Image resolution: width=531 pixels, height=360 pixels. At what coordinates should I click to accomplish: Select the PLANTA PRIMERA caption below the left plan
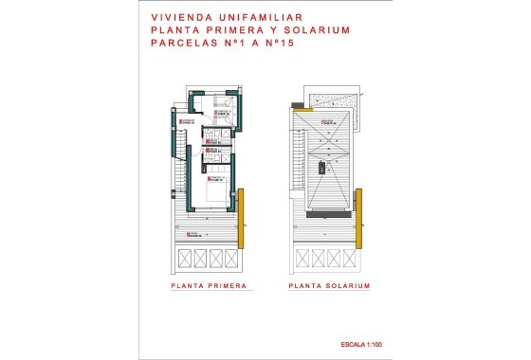[209, 285]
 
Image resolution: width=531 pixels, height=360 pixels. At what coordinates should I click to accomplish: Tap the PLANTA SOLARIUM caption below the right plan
[329, 285]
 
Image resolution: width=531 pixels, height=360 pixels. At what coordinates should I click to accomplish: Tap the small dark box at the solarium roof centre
[323, 167]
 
